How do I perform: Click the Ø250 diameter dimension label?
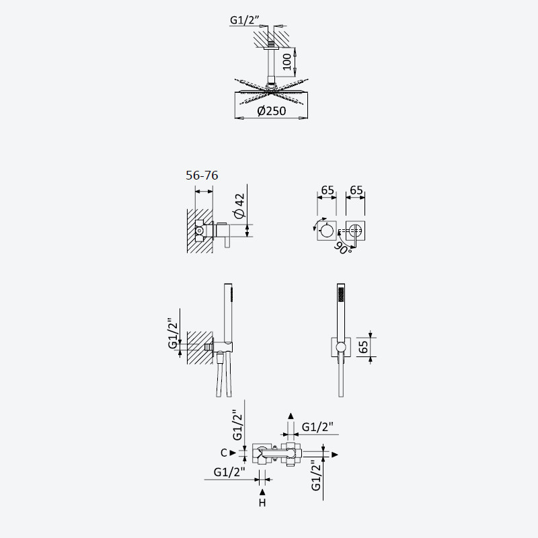click(x=272, y=111)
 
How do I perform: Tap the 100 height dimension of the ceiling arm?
click(x=287, y=62)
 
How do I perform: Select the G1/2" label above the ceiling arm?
click(x=244, y=20)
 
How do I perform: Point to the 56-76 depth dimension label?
click(x=202, y=176)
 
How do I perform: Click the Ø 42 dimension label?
click(x=239, y=206)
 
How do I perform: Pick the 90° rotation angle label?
click(x=342, y=247)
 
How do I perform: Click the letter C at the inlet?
click(x=224, y=453)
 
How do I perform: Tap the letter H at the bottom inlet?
click(x=262, y=503)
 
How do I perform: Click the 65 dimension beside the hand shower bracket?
click(x=363, y=347)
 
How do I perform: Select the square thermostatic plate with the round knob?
click(x=326, y=230)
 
